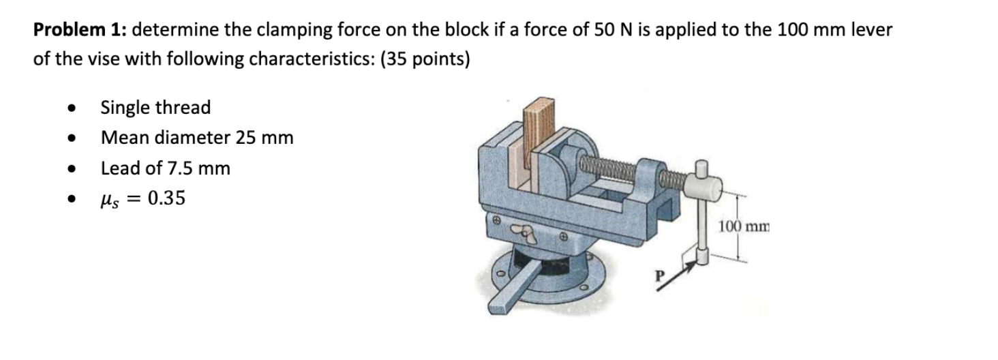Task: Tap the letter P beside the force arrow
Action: pyautogui.click(x=659, y=277)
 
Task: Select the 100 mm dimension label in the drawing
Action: pyautogui.click(x=744, y=226)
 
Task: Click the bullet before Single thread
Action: pyautogui.click(x=70, y=108)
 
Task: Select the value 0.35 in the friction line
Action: pyautogui.click(x=166, y=198)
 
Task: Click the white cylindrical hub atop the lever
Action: pyautogui.click(x=699, y=182)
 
